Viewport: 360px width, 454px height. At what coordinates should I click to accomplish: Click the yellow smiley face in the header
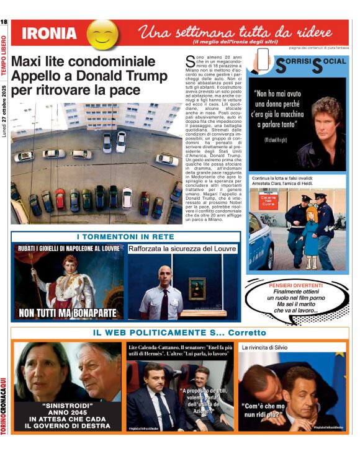coord(102,34)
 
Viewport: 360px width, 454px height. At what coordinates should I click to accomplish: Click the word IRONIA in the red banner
coord(49,34)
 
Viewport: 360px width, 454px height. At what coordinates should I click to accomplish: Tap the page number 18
coord(4,23)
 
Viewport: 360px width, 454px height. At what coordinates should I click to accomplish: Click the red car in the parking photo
coord(60,198)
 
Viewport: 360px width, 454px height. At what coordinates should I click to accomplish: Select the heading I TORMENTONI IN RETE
coord(125,237)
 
